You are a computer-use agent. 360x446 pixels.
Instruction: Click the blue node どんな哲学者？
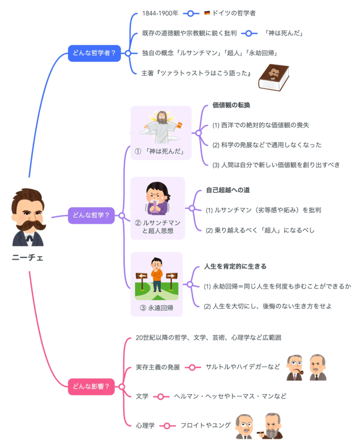coord(94,54)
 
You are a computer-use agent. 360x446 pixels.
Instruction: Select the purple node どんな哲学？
coord(91,215)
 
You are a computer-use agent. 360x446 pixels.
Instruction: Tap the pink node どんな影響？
coord(91,386)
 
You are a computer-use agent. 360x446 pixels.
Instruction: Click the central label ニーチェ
coord(27,257)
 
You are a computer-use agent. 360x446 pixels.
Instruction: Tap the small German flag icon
coord(207,14)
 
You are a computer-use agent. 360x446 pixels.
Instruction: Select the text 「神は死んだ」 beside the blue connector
coord(284,33)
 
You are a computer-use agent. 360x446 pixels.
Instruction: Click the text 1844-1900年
coord(160,14)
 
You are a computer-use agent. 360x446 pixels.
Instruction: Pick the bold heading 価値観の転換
coord(231,105)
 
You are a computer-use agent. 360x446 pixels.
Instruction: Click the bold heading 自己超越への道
coord(228,190)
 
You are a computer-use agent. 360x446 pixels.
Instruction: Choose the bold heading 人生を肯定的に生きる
coord(235,266)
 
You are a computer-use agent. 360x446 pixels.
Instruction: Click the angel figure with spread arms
coord(161,126)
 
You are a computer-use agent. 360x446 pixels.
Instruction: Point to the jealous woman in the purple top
coord(158,199)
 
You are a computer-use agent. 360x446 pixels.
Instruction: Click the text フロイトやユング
coord(206,425)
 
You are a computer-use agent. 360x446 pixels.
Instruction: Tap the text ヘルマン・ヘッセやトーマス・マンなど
coord(230,396)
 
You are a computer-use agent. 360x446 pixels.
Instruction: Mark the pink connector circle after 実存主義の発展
coord(192,367)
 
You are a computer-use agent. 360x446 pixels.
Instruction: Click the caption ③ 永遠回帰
coord(157,308)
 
